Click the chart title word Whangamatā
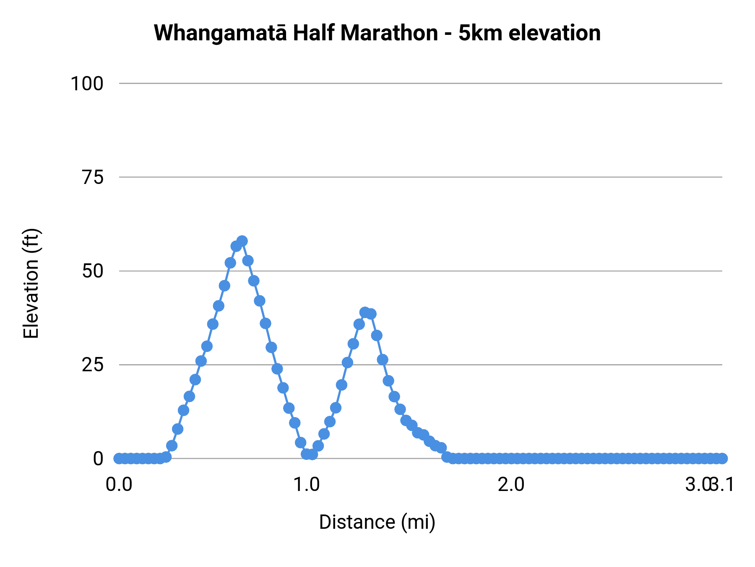(221, 34)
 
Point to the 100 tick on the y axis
(87, 84)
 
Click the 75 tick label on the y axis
(93, 178)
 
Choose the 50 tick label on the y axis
(93, 271)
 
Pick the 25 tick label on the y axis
(93, 365)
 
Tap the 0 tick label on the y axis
(98, 459)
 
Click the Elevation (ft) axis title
(31, 283)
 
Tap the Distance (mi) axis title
(377, 522)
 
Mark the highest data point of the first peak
(242, 241)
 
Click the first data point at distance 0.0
(119, 458)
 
